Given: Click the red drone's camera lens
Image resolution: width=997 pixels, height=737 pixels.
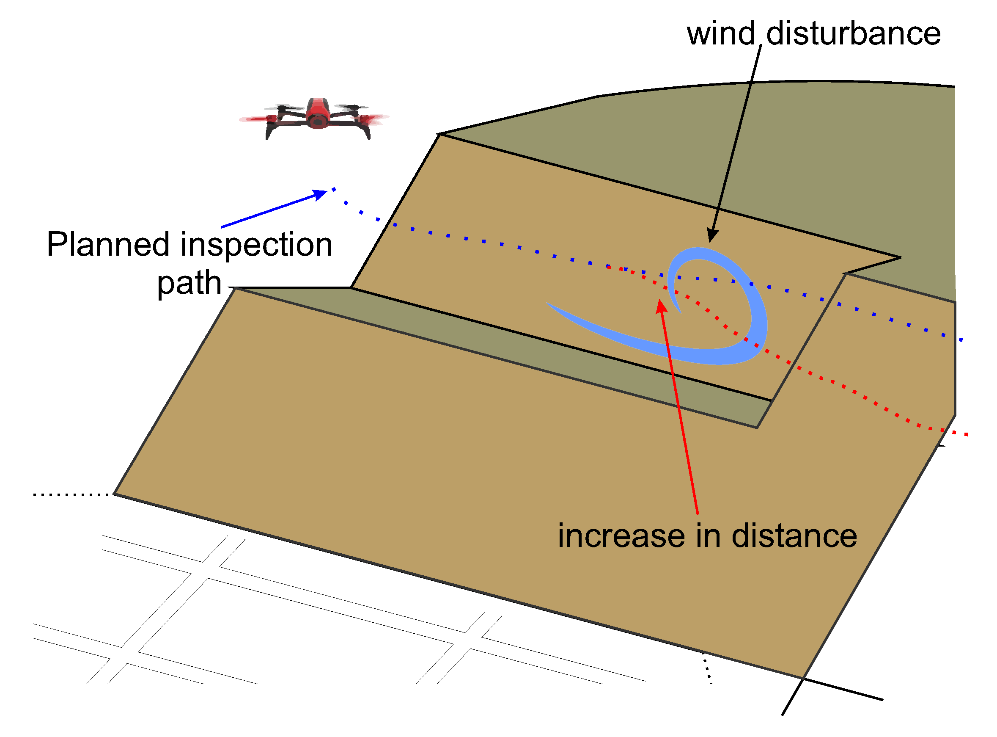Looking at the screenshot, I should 318,121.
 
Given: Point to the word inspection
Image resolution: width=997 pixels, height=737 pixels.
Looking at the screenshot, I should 258,246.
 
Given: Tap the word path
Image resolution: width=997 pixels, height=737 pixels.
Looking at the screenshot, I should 190,284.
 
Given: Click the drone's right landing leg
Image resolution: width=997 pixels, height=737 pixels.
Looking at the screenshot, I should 367,132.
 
